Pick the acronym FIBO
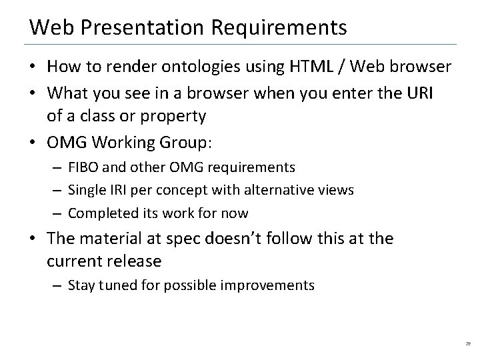(82, 167)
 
